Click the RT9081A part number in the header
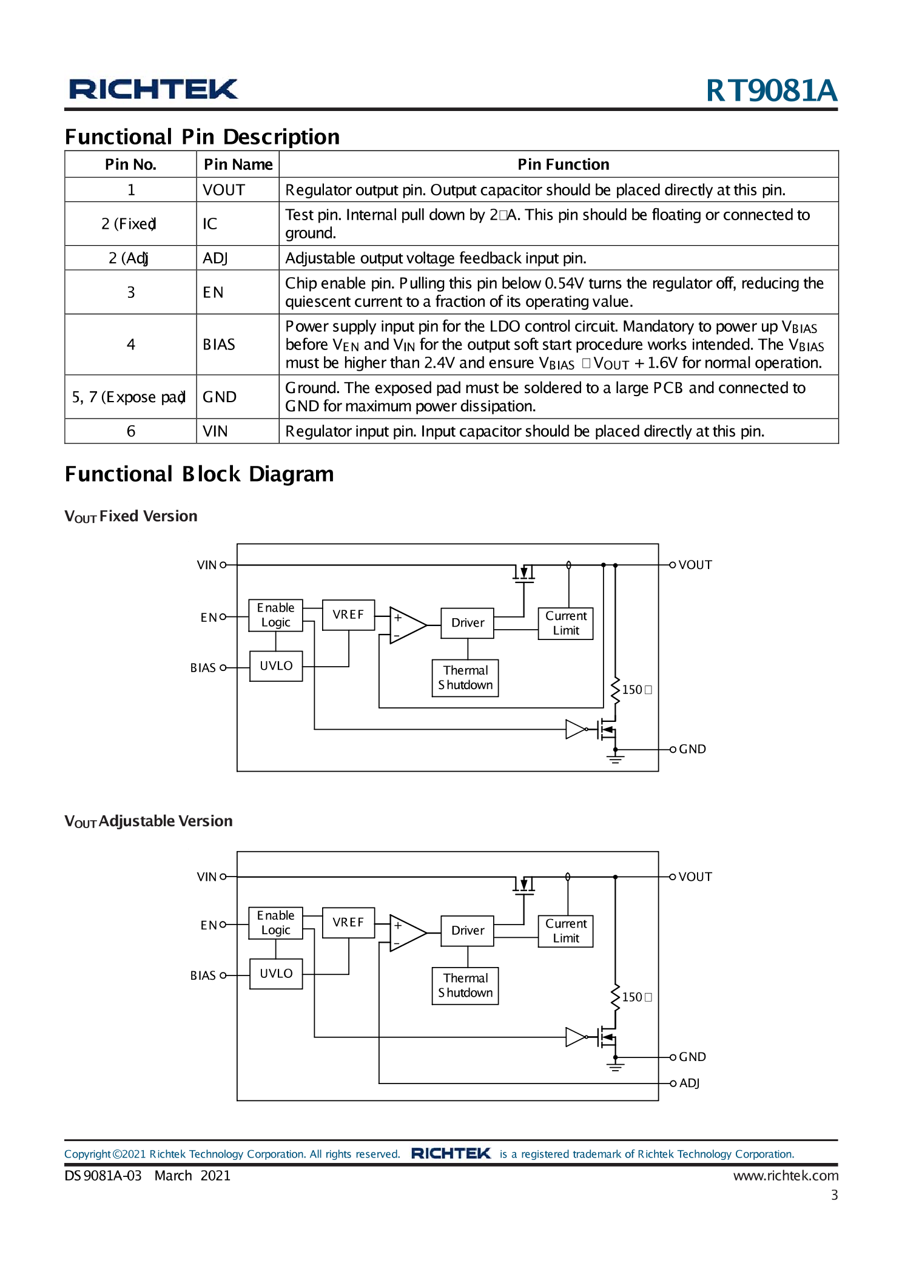coord(771,90)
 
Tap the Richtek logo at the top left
coord(153,89)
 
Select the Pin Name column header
coord(238,164)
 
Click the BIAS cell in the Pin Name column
coord(219,345)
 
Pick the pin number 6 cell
coord(130,431)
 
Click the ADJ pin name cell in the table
coord(215,258)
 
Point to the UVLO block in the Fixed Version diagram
coord(276,666)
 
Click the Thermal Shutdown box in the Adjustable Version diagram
coord(465,985)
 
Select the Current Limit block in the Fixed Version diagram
coord(565,623)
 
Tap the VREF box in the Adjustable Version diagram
coord(348,922)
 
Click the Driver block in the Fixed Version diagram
coord(468,623)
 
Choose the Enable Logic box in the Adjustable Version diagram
coord(275,923)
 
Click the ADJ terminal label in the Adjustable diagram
coord(689,1083)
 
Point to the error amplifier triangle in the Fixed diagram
coord(406,625)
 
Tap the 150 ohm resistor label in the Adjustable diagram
coord(636,997)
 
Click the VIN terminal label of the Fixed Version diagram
coord(206,565)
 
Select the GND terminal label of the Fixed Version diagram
coord(692,749)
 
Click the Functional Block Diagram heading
coord(199,474)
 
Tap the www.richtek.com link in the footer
coord(786,1176)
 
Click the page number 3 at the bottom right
coord(834,1195)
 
